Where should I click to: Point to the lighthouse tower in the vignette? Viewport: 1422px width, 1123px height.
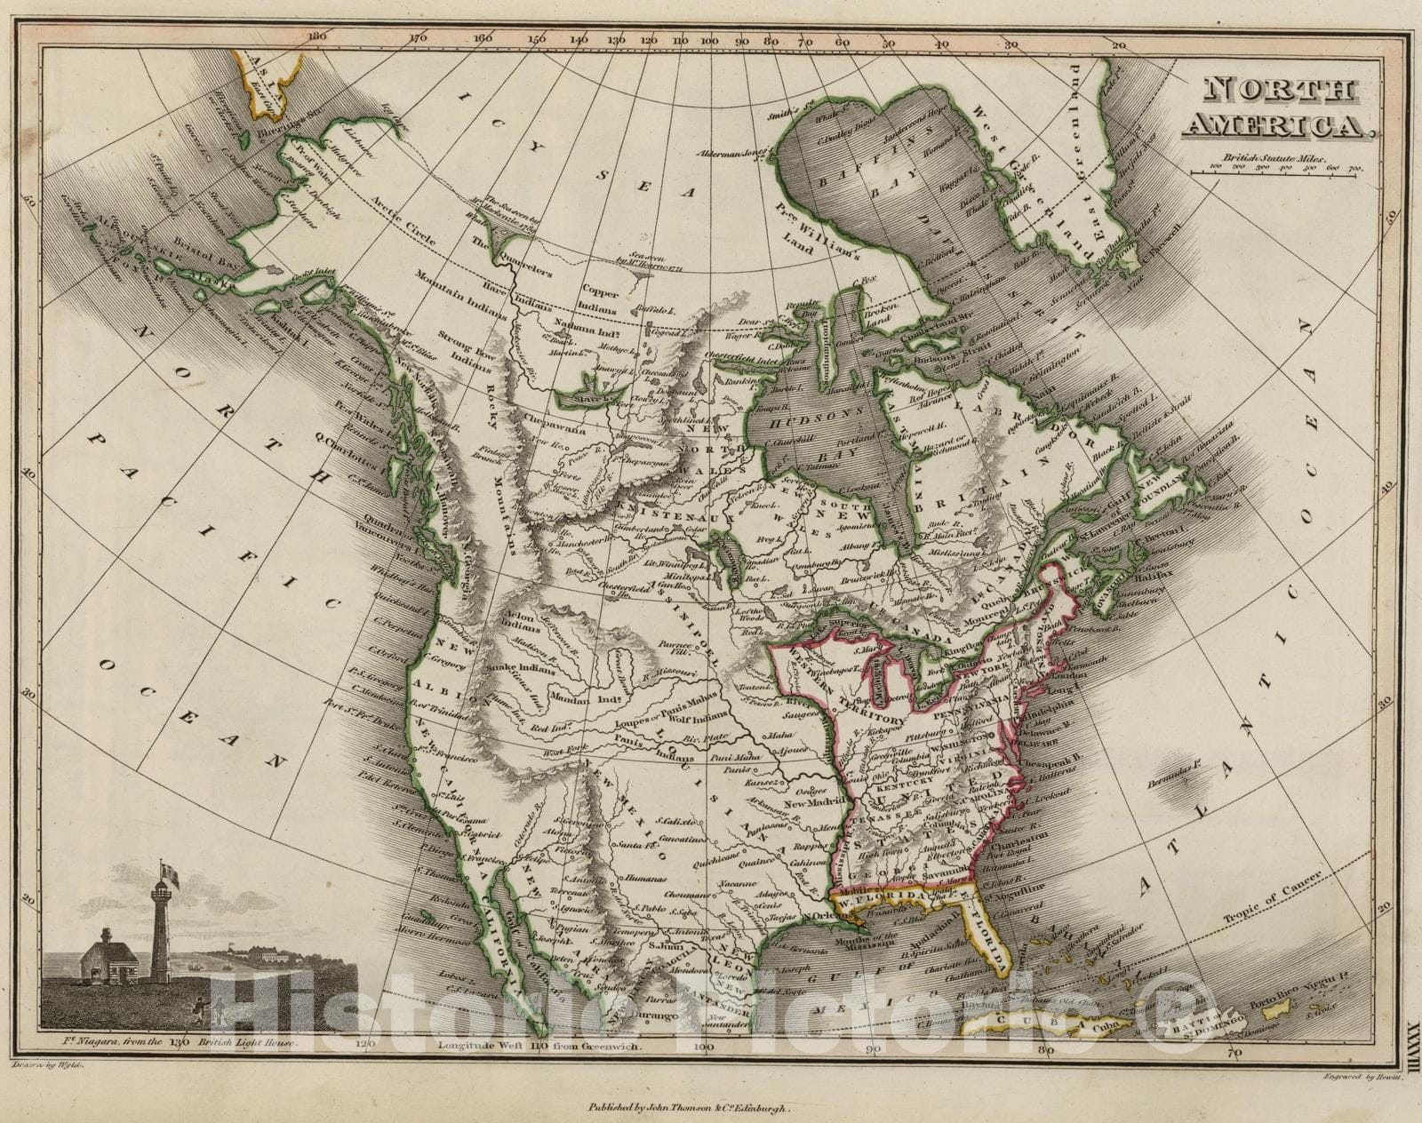[161, 933]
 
